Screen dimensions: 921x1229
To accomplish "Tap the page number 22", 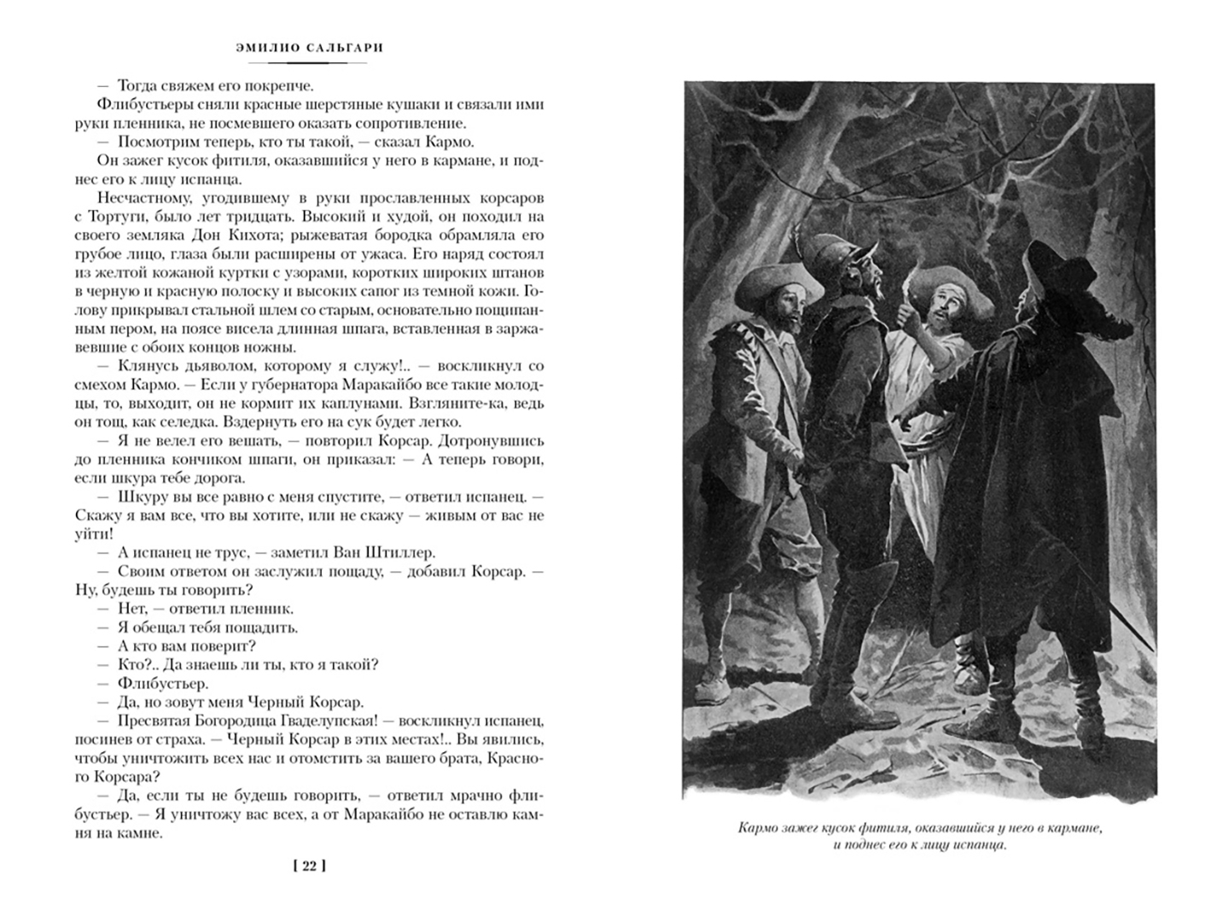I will tap(309, 866).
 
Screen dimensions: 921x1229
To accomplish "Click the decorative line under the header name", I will tap(309, 63).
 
